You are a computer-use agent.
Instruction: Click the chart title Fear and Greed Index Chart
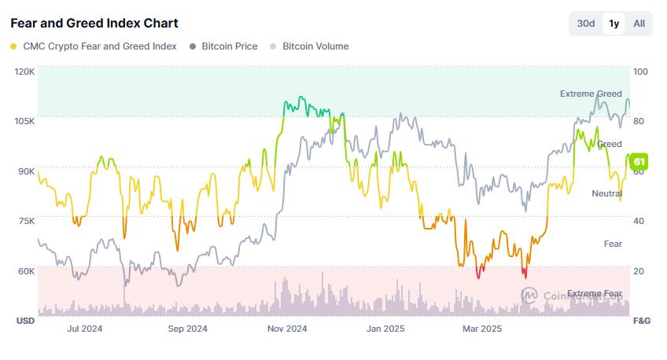(94, 23)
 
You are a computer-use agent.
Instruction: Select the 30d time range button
(586, 24)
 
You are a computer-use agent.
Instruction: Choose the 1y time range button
(614, 24)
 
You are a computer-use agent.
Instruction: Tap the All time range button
(639, 24)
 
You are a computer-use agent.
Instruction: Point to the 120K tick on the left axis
(24, 72)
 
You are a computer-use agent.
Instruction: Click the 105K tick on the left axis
(24, 121)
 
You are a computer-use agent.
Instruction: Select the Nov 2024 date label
(286, 329)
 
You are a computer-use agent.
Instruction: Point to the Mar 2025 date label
(481, 329)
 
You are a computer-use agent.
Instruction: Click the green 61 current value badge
(639, 162)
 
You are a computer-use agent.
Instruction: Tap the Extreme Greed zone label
(591, 94)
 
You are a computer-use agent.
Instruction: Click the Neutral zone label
(606, 193)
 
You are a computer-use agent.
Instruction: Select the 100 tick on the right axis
(640, 72)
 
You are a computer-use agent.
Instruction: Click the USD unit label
(25, 321)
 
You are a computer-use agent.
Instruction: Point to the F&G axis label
(641, 321)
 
